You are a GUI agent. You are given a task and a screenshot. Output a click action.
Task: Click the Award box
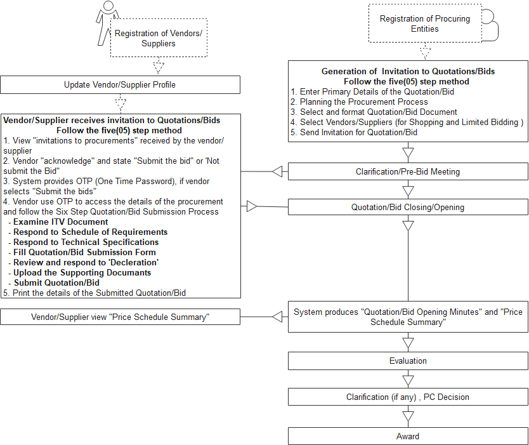click(408, 436)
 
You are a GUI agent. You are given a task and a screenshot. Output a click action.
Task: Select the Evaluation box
click(408, 361)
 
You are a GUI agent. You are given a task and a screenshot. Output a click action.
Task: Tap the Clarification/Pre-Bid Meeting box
click(408, 171)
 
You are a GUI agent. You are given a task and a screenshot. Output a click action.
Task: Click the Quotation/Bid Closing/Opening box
click(408, 207)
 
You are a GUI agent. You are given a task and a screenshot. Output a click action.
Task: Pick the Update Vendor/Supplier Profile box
click(120, 84)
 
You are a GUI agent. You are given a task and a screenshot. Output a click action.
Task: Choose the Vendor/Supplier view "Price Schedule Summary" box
click(120, 317)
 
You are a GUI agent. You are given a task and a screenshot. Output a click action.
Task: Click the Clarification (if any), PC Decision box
click(408, 397)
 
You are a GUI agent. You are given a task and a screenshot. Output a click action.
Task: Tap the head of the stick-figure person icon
click(108, 6)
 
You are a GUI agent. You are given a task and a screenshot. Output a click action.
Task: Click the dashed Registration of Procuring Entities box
click(425, 23)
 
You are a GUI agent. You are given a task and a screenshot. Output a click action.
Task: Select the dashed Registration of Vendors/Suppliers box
click(159, 38)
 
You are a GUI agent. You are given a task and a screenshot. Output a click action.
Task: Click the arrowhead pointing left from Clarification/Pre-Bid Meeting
click(277, 171)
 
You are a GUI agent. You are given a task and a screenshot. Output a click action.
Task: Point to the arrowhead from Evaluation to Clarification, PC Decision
click(408, 381)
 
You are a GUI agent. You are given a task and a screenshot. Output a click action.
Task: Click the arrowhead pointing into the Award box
click(408, 416)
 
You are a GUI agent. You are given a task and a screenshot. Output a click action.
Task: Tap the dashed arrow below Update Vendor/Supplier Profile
click(121, 103)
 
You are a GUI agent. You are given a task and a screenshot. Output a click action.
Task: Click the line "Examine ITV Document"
click(61, 222)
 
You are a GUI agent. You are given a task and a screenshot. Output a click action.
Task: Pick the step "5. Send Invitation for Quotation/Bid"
click(354, 132)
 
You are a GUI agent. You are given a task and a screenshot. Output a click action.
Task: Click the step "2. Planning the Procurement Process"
click(359, 102)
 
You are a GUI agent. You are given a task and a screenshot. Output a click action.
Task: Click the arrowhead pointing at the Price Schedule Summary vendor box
click(277, 317)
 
